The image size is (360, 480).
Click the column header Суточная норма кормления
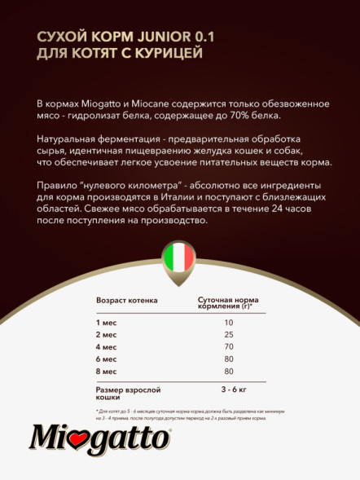click(230, 302)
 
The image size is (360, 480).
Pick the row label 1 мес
click(107, 322)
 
